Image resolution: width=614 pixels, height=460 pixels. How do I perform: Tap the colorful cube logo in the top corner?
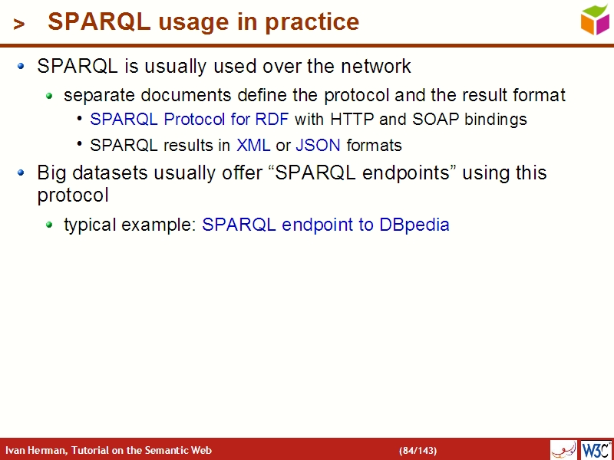pyautogui.click(x=595, y=19)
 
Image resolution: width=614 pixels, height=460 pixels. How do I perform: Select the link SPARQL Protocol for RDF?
pyautogui.click(x=190, y=120)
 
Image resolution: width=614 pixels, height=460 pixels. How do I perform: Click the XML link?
pyautogui.click(x=253, y=145)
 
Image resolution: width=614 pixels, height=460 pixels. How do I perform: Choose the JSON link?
pyautogui.click(x=318, y=145)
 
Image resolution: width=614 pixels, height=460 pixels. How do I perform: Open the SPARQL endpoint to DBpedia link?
pyautogui.click(x=325, y=225)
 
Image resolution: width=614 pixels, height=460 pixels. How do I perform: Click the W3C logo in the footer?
pyautogui.click(x=596, y=449)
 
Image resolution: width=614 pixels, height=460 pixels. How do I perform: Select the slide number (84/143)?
pyautogui.click(x=418, y=450)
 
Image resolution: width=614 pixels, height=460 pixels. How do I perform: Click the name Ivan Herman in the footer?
pyautogui.click(x=35, y=450)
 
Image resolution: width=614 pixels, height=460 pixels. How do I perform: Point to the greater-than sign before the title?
pyautogui.click(x=19, y=25)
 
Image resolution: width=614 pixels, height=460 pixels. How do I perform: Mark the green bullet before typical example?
pyautogui.click(x=49, y=225)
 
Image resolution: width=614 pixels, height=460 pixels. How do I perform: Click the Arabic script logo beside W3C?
pyautogui.click(x=563, y=449)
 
